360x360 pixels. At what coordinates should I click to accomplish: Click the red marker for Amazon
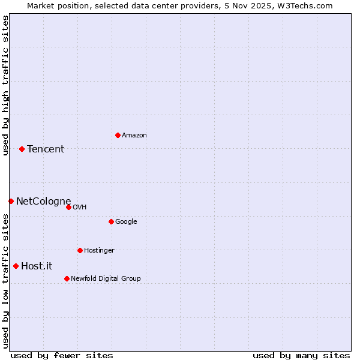[x=118, y=135]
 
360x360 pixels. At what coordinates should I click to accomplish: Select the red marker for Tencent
[x=22, y=149]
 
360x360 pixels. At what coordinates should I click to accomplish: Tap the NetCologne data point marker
[x=11, y=201]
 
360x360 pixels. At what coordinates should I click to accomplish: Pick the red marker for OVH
[x=68, y=207]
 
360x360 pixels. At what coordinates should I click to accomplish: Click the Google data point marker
[x=111, y=221]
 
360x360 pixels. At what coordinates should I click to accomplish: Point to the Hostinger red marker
[x=80, y=250]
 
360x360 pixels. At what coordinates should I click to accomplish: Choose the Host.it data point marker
[x=16, y=266]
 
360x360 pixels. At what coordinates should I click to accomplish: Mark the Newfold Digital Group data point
[x=67, y=278]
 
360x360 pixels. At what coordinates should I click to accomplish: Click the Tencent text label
[x=46, y=149]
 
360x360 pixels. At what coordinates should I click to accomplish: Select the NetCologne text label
[x=43, y=202]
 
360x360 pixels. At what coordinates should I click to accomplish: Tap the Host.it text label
[x=37, y=266]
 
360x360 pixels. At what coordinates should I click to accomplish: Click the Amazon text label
[x=134, y=136]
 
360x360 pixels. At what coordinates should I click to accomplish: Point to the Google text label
[x=126, y=222]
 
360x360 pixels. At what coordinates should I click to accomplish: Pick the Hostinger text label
[x=99, y=251]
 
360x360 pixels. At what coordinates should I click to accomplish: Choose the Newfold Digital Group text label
[x=106, y=279]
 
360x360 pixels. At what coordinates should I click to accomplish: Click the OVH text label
[x=80, y=208]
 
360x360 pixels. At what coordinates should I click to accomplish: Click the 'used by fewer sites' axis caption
[x=62, y=355]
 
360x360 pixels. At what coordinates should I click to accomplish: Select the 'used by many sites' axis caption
[x=301, y=355]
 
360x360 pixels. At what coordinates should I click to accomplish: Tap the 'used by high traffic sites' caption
[x=6, y=85]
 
